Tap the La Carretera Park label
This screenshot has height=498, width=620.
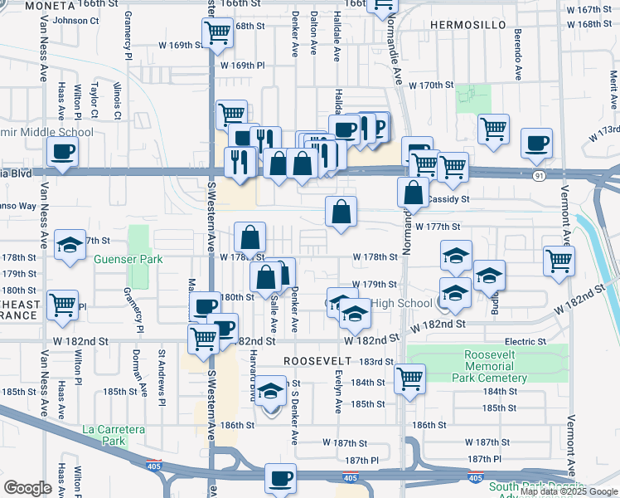click(114, 435)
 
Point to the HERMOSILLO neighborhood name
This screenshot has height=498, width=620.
click(469, 26)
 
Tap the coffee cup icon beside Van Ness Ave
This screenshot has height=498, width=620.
click(64, 151)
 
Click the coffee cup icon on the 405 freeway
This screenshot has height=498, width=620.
click(280, 478)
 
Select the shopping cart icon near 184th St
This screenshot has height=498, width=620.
click(410, 378)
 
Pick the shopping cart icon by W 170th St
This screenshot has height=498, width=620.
click(494, 129)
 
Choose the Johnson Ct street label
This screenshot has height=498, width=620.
click(70, 21)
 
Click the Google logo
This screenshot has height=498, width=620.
click(28, 488)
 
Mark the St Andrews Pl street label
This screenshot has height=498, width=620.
click(162, 378)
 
